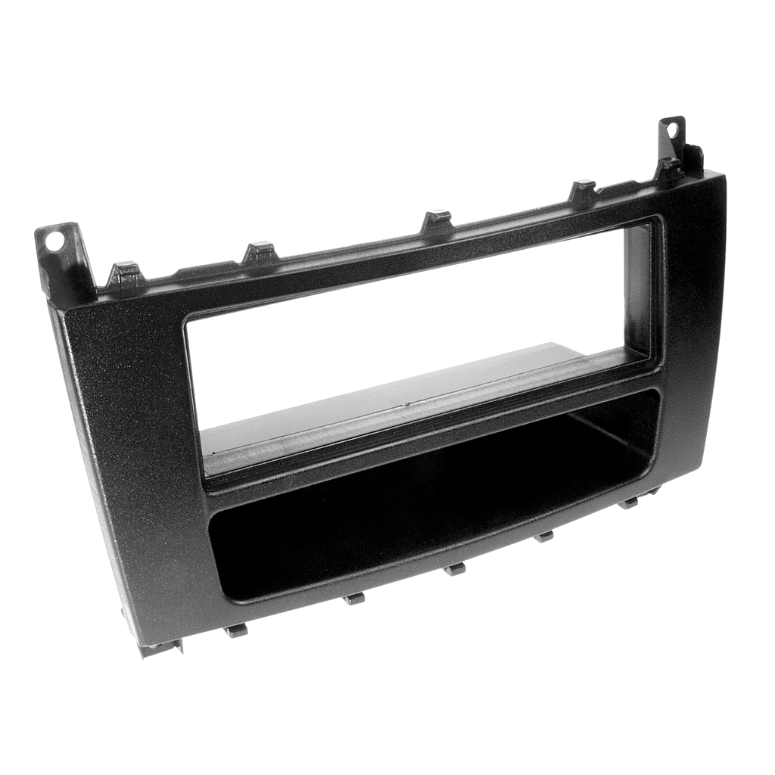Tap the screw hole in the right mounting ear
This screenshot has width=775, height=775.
(671, 129)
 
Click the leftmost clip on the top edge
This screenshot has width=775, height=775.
(124, 271)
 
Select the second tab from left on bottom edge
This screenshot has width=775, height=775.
(353, 598)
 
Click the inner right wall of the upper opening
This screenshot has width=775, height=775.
(640, 295)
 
